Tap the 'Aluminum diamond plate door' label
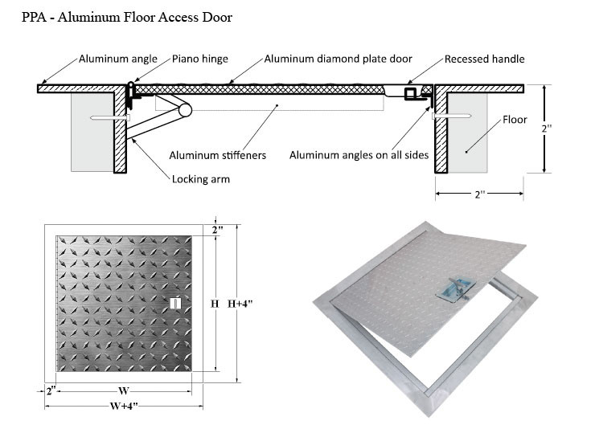click(x=339, y=59)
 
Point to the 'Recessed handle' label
click(x=485, y=59)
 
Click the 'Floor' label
click(x=515, y=120)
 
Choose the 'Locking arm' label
click(x=201, y=178)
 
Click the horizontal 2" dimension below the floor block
click(x=479, y=194)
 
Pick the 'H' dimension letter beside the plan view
click(x=215, y=304)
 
